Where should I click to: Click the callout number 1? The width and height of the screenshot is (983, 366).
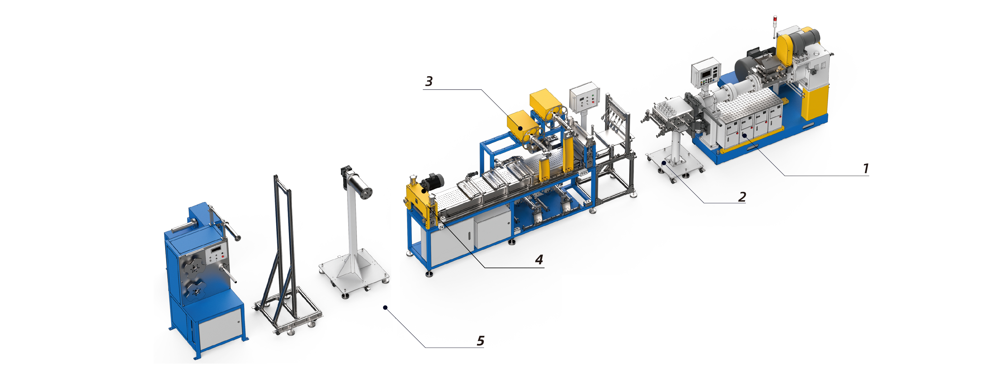coord(866,168)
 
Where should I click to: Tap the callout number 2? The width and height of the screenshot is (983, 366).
coord(742,197)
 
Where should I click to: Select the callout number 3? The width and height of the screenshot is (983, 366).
coord(429,81)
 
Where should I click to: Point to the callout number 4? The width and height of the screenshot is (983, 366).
coord(539,260)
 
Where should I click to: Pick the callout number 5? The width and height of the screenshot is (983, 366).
coord(481,341)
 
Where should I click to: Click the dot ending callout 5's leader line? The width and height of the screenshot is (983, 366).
coord(386,307)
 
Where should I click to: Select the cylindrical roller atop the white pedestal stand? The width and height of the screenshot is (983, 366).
coord(358,184)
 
